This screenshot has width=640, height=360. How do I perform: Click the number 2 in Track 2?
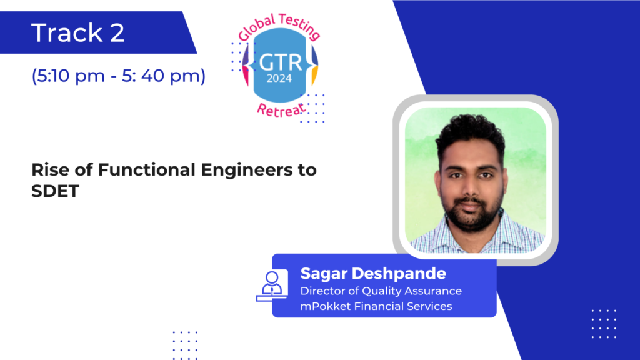(x=117, y=32)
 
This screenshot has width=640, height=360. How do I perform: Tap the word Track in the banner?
(x=67, y=32)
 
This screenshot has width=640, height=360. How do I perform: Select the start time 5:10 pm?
(x=68, y=76)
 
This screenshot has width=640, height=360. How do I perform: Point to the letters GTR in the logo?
(x=281, y=63)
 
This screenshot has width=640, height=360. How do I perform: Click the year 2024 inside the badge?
(x=279, y=78)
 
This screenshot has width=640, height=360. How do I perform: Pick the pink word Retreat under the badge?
(x=281, y=110)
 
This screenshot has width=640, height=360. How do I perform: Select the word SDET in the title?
(x=55, y=191)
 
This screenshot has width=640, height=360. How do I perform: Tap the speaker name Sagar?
(x=324, y=274)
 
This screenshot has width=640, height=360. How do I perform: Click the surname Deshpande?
(x=399, y=274)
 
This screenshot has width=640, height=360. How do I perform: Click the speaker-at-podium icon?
(x=272, y=286)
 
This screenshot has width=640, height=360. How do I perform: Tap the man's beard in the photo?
(x=471, y=216)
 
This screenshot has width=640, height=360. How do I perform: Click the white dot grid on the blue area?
(x=604, y=324)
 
